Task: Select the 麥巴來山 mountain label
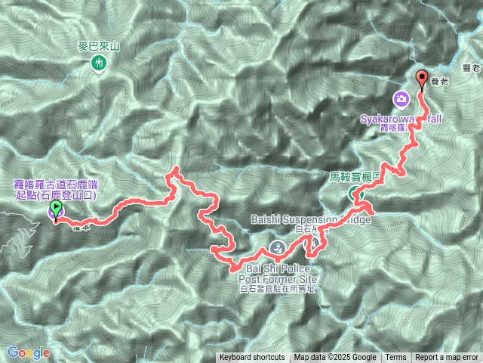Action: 100,47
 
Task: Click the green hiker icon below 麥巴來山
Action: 99,64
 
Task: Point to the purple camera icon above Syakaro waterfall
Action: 401,98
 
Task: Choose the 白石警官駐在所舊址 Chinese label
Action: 278,288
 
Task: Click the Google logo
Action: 29,352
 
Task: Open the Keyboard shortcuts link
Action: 252,358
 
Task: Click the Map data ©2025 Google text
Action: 335,358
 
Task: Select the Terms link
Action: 395,358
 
